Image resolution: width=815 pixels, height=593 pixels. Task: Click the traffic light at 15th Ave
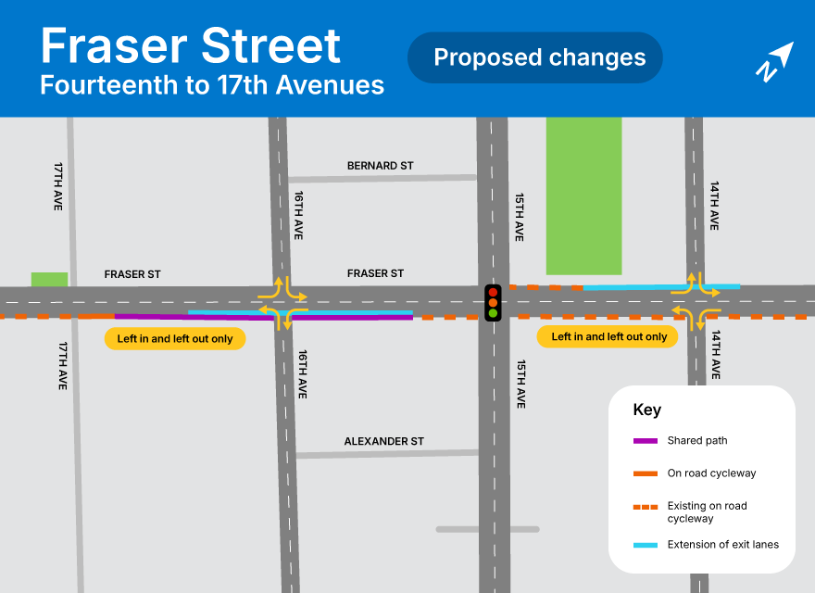pos(493,303)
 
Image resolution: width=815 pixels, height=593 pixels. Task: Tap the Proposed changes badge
pos(535,57)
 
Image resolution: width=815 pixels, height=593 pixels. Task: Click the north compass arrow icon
pos(774,61)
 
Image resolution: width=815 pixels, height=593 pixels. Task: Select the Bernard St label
pos(380,166)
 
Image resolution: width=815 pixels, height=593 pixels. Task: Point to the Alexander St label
pos(383,441)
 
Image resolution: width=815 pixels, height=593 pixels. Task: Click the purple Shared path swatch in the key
pos(646,441)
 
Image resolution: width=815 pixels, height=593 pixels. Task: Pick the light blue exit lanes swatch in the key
pos(646,545)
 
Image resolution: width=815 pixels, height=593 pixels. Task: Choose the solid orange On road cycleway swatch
pos(646,473)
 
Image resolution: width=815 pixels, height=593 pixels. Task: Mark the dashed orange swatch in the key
pos(646,507)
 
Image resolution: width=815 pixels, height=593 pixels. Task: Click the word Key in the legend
pos(646,410)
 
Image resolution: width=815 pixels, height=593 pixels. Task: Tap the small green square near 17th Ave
pos(49,279)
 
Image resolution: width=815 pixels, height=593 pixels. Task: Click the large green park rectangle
pos(583,196)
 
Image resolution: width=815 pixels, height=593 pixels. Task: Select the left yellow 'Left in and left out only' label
pos(175,339)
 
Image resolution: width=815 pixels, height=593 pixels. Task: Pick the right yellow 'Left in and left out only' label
pos(608,337)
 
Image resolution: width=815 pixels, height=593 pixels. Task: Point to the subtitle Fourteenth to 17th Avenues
pos(212,86)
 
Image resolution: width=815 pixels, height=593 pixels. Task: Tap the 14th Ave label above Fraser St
pos(714,206)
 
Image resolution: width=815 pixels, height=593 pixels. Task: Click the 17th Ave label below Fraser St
pos(62,365)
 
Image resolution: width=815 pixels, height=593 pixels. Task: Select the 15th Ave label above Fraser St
pos(520,218)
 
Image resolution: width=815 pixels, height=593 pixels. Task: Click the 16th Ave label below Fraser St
pos(301,374)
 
